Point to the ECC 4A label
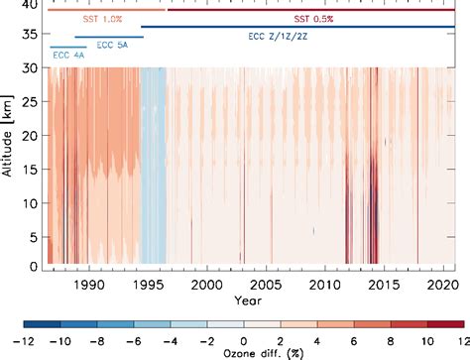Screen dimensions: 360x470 click(x=68, y=55)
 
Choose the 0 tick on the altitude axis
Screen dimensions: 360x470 click(x=35, y=267)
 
